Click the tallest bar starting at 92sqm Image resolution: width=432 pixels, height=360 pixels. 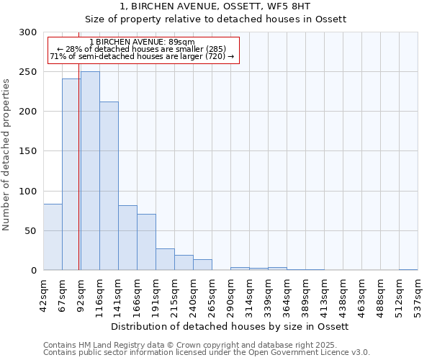tap(90, 171)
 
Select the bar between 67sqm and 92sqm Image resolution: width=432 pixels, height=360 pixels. tap(71, 174)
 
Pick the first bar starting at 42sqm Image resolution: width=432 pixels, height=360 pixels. tap(53, 237)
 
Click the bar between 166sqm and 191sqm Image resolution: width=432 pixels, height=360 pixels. tap(146, 242)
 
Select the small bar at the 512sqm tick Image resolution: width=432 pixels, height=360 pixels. tap(408, 269)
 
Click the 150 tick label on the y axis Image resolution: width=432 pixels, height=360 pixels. tap(28, 151)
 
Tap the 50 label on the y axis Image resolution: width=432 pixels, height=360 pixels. tap(31, 231)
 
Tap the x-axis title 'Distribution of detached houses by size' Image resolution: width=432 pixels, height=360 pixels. tap(230, 326)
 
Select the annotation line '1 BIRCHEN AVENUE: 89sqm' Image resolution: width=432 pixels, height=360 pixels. tap(142, 42)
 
